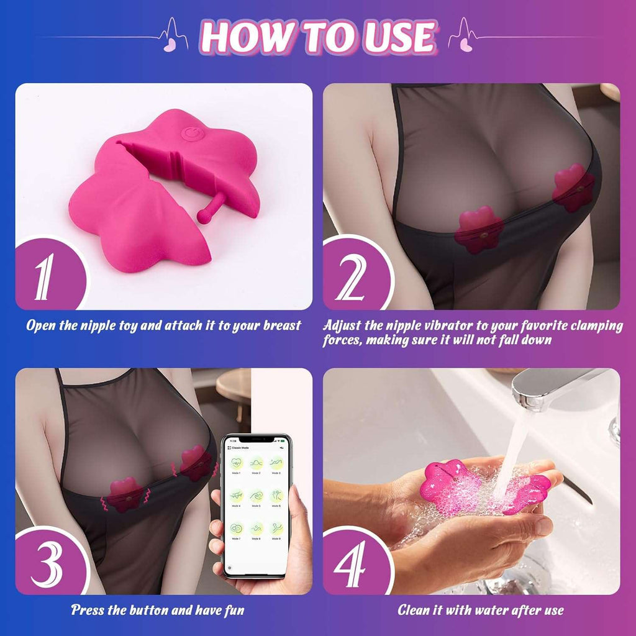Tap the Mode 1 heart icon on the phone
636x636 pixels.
pyautogui.click(x=237, y=463)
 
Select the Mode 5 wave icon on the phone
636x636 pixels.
pyautogui.click(x=256, y=496)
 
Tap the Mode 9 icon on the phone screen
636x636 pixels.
pyautogui.click(x=275, y=528)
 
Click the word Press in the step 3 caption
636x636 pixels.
pyautogui.click(x=88, y=610)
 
